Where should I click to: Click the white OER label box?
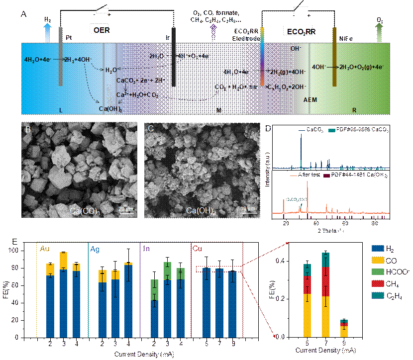[100, 29]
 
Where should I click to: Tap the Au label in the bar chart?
[45, 250]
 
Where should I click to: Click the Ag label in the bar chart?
[94, 250]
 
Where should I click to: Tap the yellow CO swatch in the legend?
[379, 260]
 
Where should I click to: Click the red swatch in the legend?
[379, 284]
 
